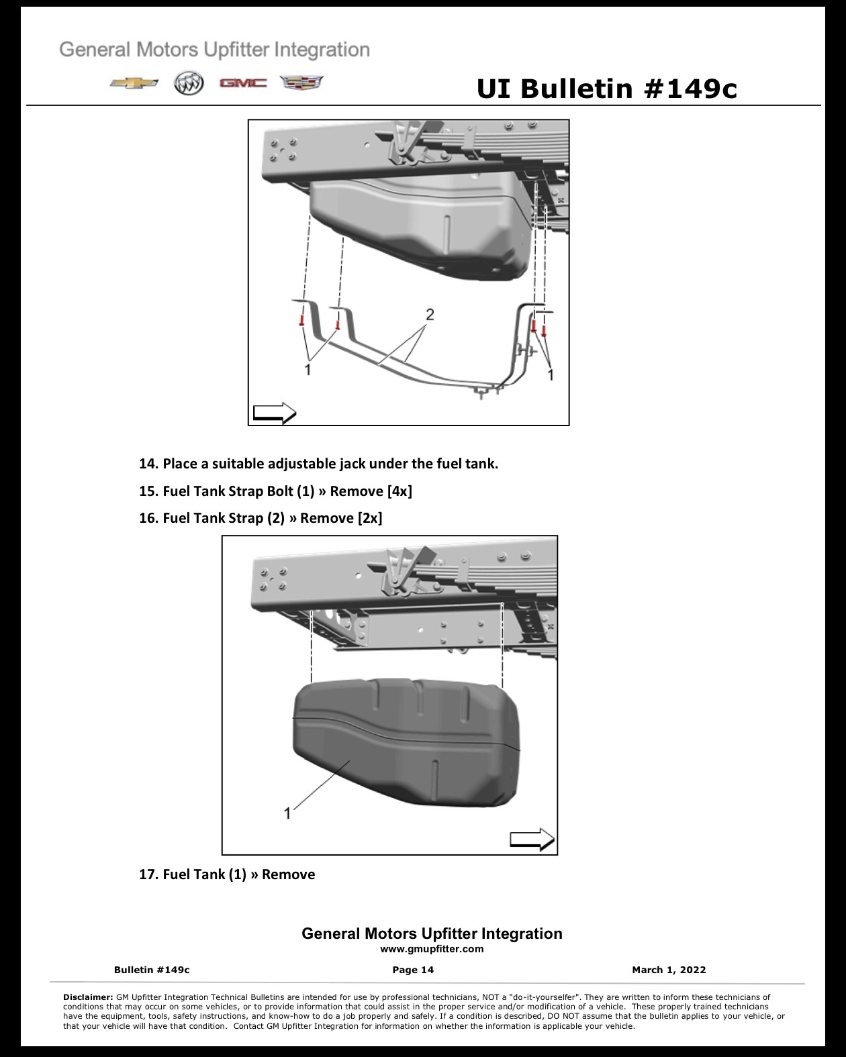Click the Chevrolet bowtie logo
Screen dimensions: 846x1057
(x=134, y=83)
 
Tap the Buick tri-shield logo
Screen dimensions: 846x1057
(x=189, y=83)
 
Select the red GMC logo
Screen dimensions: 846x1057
(x=243, y=83)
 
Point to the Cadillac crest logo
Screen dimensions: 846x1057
(x=301, y=83)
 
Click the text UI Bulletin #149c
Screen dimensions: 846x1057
(x=606, y=89)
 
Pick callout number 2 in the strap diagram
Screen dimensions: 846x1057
(x=430, y=314)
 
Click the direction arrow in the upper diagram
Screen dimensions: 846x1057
(x=275, y=413)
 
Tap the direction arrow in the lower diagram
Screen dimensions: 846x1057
(x=532, y=840)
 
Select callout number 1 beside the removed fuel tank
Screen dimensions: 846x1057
(x=287, y=813)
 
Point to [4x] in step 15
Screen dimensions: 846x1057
(x=399, y=491)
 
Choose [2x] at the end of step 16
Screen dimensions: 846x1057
(x=370, y=518)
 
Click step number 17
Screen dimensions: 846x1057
(x=148, y=874)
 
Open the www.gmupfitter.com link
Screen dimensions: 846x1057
(x=432, y=949)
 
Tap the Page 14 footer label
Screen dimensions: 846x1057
(x=413, y=970)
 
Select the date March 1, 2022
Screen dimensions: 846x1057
(x=669, y=970)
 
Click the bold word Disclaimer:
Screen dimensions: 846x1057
(x=88, y=997)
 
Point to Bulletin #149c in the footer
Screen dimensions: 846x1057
(x=152, y=970)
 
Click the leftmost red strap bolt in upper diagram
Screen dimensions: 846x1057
(x=302, y=321)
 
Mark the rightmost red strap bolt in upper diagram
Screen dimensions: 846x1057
(x=544, y=332)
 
